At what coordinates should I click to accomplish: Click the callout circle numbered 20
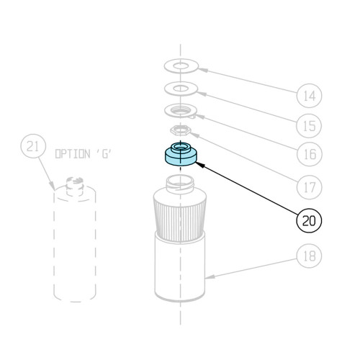pos(309,220)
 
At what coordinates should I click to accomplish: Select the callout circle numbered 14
pos(309,96)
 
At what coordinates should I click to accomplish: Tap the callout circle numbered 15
pos(309,126)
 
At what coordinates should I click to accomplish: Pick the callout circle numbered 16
pos(310,154)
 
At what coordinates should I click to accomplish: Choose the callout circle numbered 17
pos(309,187)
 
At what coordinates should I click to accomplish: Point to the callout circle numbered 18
pos(309,256)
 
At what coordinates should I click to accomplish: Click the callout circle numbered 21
pos(33,146)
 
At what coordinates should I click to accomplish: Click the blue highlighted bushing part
pos(181,154)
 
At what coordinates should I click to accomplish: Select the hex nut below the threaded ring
pos(181,130)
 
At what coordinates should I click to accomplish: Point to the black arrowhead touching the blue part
pos(200,165)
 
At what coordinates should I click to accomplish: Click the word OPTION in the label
pos(73,154)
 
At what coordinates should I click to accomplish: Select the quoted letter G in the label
pos(106,154)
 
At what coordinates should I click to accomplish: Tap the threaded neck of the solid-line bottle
pos(180,184)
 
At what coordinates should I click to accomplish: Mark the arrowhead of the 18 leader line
pos(210,276)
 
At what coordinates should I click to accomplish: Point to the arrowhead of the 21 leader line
pos(52,185)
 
